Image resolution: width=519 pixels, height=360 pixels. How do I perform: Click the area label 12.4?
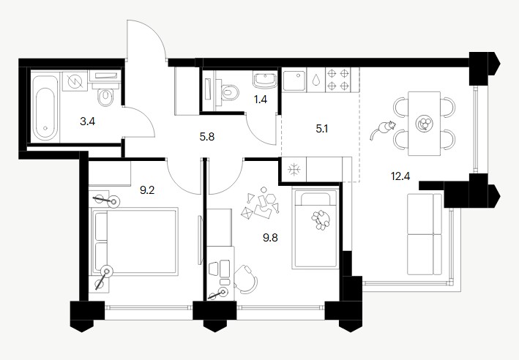click(x=400, y=176)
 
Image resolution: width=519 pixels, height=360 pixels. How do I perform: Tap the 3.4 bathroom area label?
click(x=88, y=121)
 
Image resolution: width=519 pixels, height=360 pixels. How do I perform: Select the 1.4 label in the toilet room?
click(x=261, y=100)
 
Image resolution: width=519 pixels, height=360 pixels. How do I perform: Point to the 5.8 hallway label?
click(x=207, y=136)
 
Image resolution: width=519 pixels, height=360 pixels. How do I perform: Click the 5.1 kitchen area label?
click(x=322, y=128)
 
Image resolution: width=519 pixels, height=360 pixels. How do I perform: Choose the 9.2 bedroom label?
click(x=147, y=190)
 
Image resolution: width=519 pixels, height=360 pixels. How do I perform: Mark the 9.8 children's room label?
click(x=270, y=238)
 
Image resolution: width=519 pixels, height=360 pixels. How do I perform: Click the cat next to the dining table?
click(x=383, y=130)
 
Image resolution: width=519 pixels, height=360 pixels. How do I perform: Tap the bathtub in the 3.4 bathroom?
click(x=45, y=108)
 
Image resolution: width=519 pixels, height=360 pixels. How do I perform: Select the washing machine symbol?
click(x=75, y=80)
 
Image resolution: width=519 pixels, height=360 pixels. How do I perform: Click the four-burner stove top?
click(x=338, y=80)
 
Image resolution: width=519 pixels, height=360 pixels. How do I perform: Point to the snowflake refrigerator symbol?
click(x=294, y=170)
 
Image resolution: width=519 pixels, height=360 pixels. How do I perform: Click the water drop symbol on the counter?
click(x=316, y=80)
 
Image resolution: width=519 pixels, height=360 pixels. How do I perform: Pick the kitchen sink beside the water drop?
click(x=294, y=80)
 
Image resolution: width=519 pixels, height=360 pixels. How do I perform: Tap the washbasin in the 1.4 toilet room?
click(x=265, y=80)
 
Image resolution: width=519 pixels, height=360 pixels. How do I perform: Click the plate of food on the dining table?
click(x=425, y=124)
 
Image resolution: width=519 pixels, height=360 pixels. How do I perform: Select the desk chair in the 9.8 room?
click(x=246, y=280)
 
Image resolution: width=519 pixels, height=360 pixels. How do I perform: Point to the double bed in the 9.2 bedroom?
click(x=135, y=241)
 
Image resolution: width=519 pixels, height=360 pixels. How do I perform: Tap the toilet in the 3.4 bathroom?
click(x=105, y=95)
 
